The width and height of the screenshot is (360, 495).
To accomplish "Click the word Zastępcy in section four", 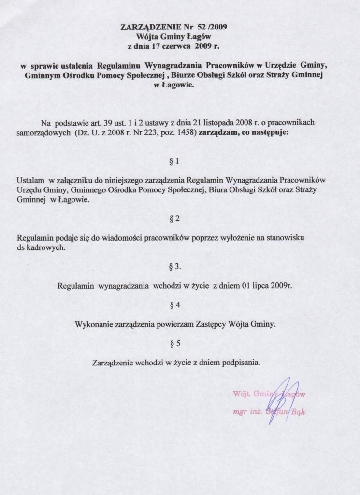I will point(211,325).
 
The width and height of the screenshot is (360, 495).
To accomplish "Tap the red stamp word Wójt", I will point(241,393).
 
